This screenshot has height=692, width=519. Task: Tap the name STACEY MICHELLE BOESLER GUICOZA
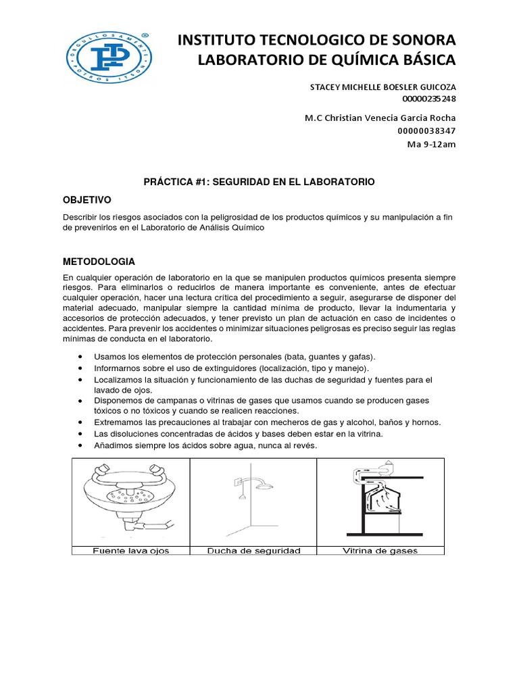point(382,87)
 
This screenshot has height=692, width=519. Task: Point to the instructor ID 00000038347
point(427,130)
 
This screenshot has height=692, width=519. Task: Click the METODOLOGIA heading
point(99,261)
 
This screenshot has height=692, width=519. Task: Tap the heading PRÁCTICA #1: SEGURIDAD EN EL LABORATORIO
point(259,182)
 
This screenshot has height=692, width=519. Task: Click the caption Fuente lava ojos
point(130,551)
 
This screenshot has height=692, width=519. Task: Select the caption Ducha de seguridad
point(253,551)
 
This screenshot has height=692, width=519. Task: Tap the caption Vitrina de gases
point(380,551)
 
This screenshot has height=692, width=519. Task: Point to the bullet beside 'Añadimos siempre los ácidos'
point(81,447)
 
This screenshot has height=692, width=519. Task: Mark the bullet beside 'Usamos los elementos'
point(81,356)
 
